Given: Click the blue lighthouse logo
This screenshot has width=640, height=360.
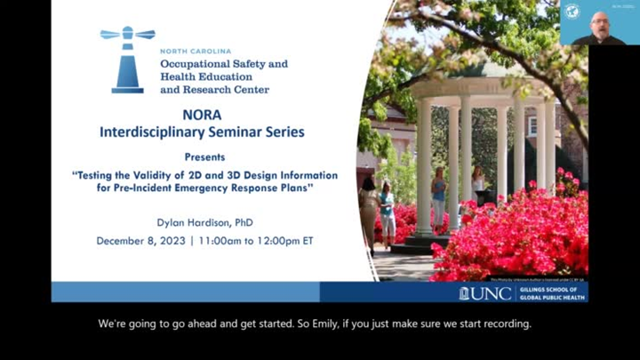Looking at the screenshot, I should (127, 60).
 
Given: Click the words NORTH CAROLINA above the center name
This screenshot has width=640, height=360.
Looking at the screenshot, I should (195, 52).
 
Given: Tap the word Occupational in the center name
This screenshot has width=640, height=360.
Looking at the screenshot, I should (196, 65).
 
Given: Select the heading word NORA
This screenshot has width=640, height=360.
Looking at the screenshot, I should (202, 116).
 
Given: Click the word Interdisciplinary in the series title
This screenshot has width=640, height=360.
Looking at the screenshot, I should (158, 132).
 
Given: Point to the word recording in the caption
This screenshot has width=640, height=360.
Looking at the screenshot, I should (504, 324).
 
